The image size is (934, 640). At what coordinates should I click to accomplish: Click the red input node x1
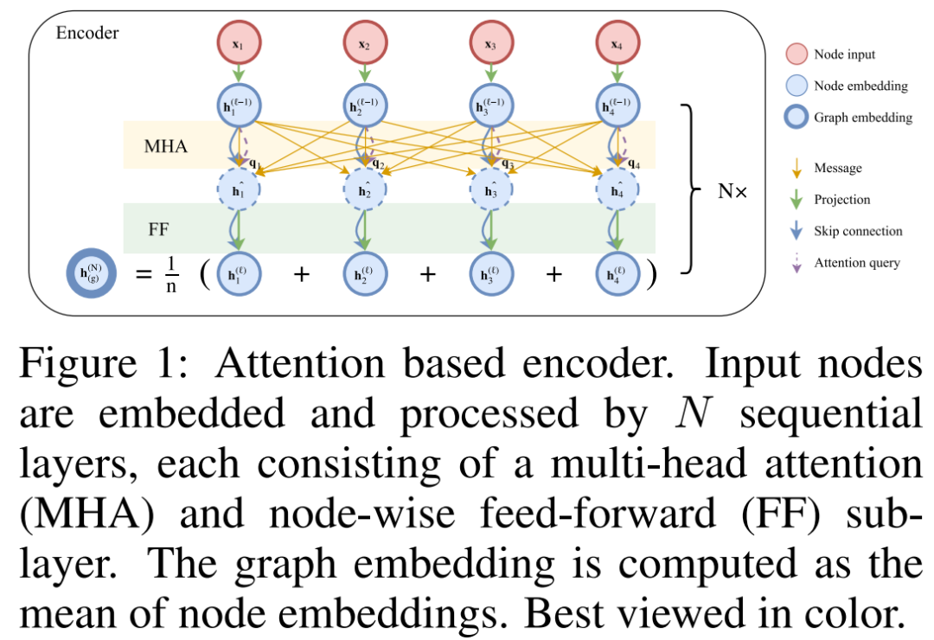click(x=239, y=42)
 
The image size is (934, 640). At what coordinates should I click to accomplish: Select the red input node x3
click(x=489, y=42)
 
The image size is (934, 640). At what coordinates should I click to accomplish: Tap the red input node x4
click(x=616, y=42)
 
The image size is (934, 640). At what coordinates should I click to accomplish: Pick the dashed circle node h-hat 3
click(x=489, y=189)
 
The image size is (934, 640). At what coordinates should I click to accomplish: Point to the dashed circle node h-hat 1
click(x=239, y=189)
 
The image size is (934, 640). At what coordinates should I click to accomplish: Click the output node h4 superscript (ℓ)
click(x=616, y=274)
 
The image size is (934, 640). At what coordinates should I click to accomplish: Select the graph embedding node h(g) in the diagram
click(x=91, y=274)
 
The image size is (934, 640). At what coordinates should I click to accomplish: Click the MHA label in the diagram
click(x=166, y=146)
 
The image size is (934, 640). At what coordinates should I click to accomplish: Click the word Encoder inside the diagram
click(x=87, y=34)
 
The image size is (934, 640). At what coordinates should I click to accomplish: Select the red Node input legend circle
click(x=795, y=54)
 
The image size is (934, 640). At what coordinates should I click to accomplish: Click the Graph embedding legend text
click(x=863, y=117)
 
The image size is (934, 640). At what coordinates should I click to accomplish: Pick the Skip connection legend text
click(x=858, y=231)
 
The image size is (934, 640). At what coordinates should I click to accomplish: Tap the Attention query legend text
click(x=856, y=263)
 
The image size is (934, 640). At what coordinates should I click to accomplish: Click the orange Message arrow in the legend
click(x=795, y=168)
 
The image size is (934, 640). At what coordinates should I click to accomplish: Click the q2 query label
click(x=377, y=163)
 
